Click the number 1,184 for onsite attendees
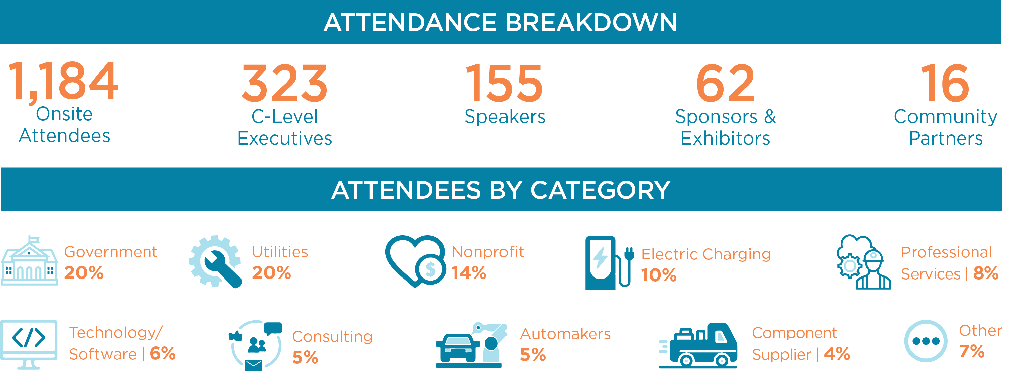coord(63,82)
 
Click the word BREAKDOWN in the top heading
coord(591,22)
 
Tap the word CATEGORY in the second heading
coord(600,190)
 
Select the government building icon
coord(29,260)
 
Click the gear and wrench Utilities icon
coord(216,262)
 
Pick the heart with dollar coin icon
coord(416,261)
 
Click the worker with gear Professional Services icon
coord(863,262)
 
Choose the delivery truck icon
coord(698,346)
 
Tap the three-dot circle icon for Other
coord(926,341)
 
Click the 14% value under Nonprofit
coord(469,273)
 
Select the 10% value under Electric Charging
coord(659,275)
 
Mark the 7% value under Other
coord(972,351)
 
